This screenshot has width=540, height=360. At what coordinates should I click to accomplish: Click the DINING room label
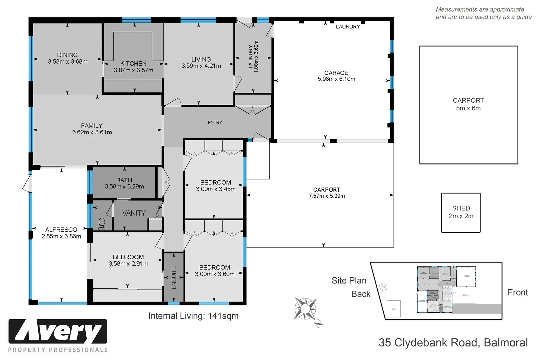(x=67, y=55)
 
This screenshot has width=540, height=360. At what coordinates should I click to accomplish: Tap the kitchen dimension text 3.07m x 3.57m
(x=133, y=70)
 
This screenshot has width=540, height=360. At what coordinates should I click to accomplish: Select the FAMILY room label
(x=92, y=126)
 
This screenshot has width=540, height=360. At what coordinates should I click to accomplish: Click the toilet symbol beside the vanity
(x=102, y=223)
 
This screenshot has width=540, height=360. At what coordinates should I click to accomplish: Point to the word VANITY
(x=134, y=213)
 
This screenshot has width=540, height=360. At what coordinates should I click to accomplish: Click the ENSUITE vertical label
(x=174, y=277)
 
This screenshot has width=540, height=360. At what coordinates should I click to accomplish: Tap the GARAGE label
(x=336, y=73)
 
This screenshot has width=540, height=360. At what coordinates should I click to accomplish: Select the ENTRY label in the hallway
(x=215, y=123)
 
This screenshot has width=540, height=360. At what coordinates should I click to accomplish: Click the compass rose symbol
(x=305, y=309)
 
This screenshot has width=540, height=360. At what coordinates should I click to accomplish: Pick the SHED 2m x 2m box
(x=461, y=212)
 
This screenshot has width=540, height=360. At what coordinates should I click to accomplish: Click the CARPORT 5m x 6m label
(x=468, y=104)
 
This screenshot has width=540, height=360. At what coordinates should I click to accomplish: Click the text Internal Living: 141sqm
(x=193, y=316)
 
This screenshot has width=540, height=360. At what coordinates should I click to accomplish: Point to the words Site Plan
(x=349, y=281)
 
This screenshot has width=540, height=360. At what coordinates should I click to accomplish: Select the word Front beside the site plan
(x=517, y=292)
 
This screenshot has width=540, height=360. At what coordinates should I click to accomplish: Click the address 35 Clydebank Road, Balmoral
(x=453, y=342)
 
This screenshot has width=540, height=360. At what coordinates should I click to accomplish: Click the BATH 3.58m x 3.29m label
(x=124, y=183)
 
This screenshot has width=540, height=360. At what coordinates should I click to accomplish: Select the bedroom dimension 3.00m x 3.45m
(x=216, y=189)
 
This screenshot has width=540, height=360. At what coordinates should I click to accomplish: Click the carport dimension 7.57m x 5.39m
(x=327, y=196)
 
